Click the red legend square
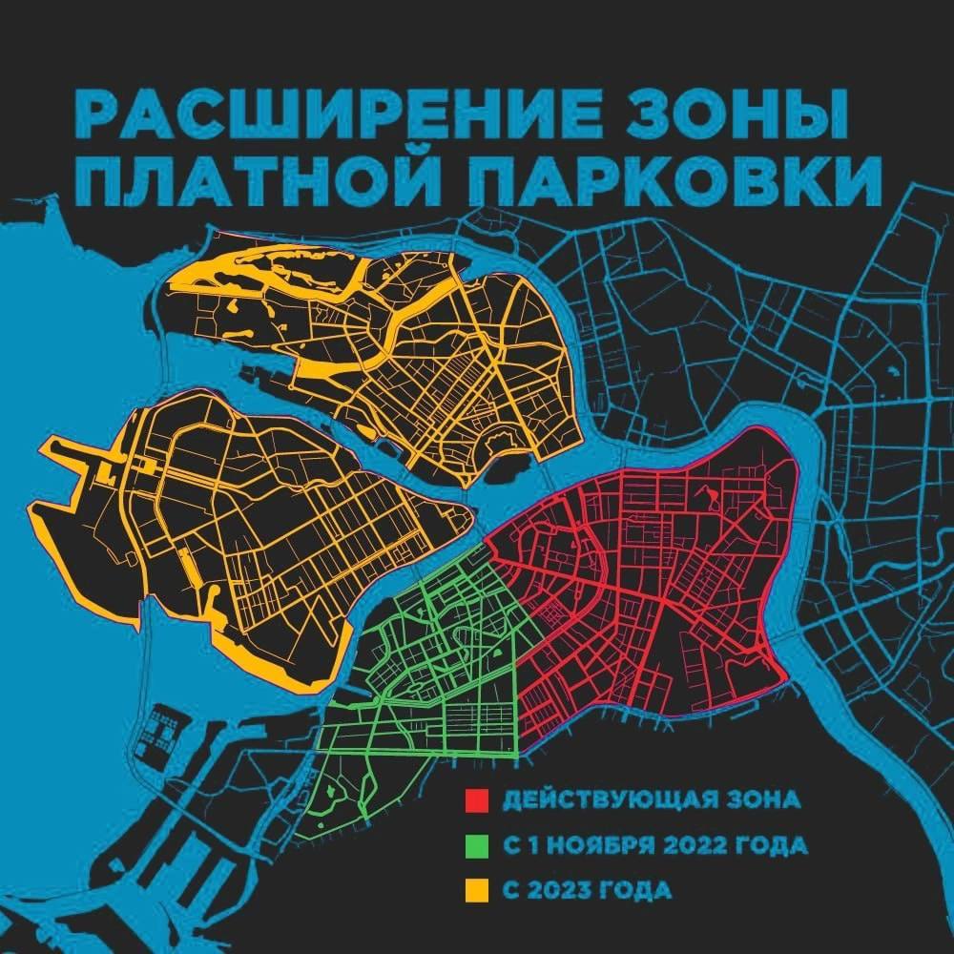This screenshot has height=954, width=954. pyautogui.click(x=477, y=799)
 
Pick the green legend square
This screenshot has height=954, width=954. pyautogui.click(x=477, y=845)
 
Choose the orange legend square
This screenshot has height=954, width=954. pyautogui.click(x=477, y=891)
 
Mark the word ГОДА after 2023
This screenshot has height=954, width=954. pyautogui.click(x=638, y=891)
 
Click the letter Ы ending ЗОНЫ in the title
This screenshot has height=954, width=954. pyautogui.click(x=810, y=118)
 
